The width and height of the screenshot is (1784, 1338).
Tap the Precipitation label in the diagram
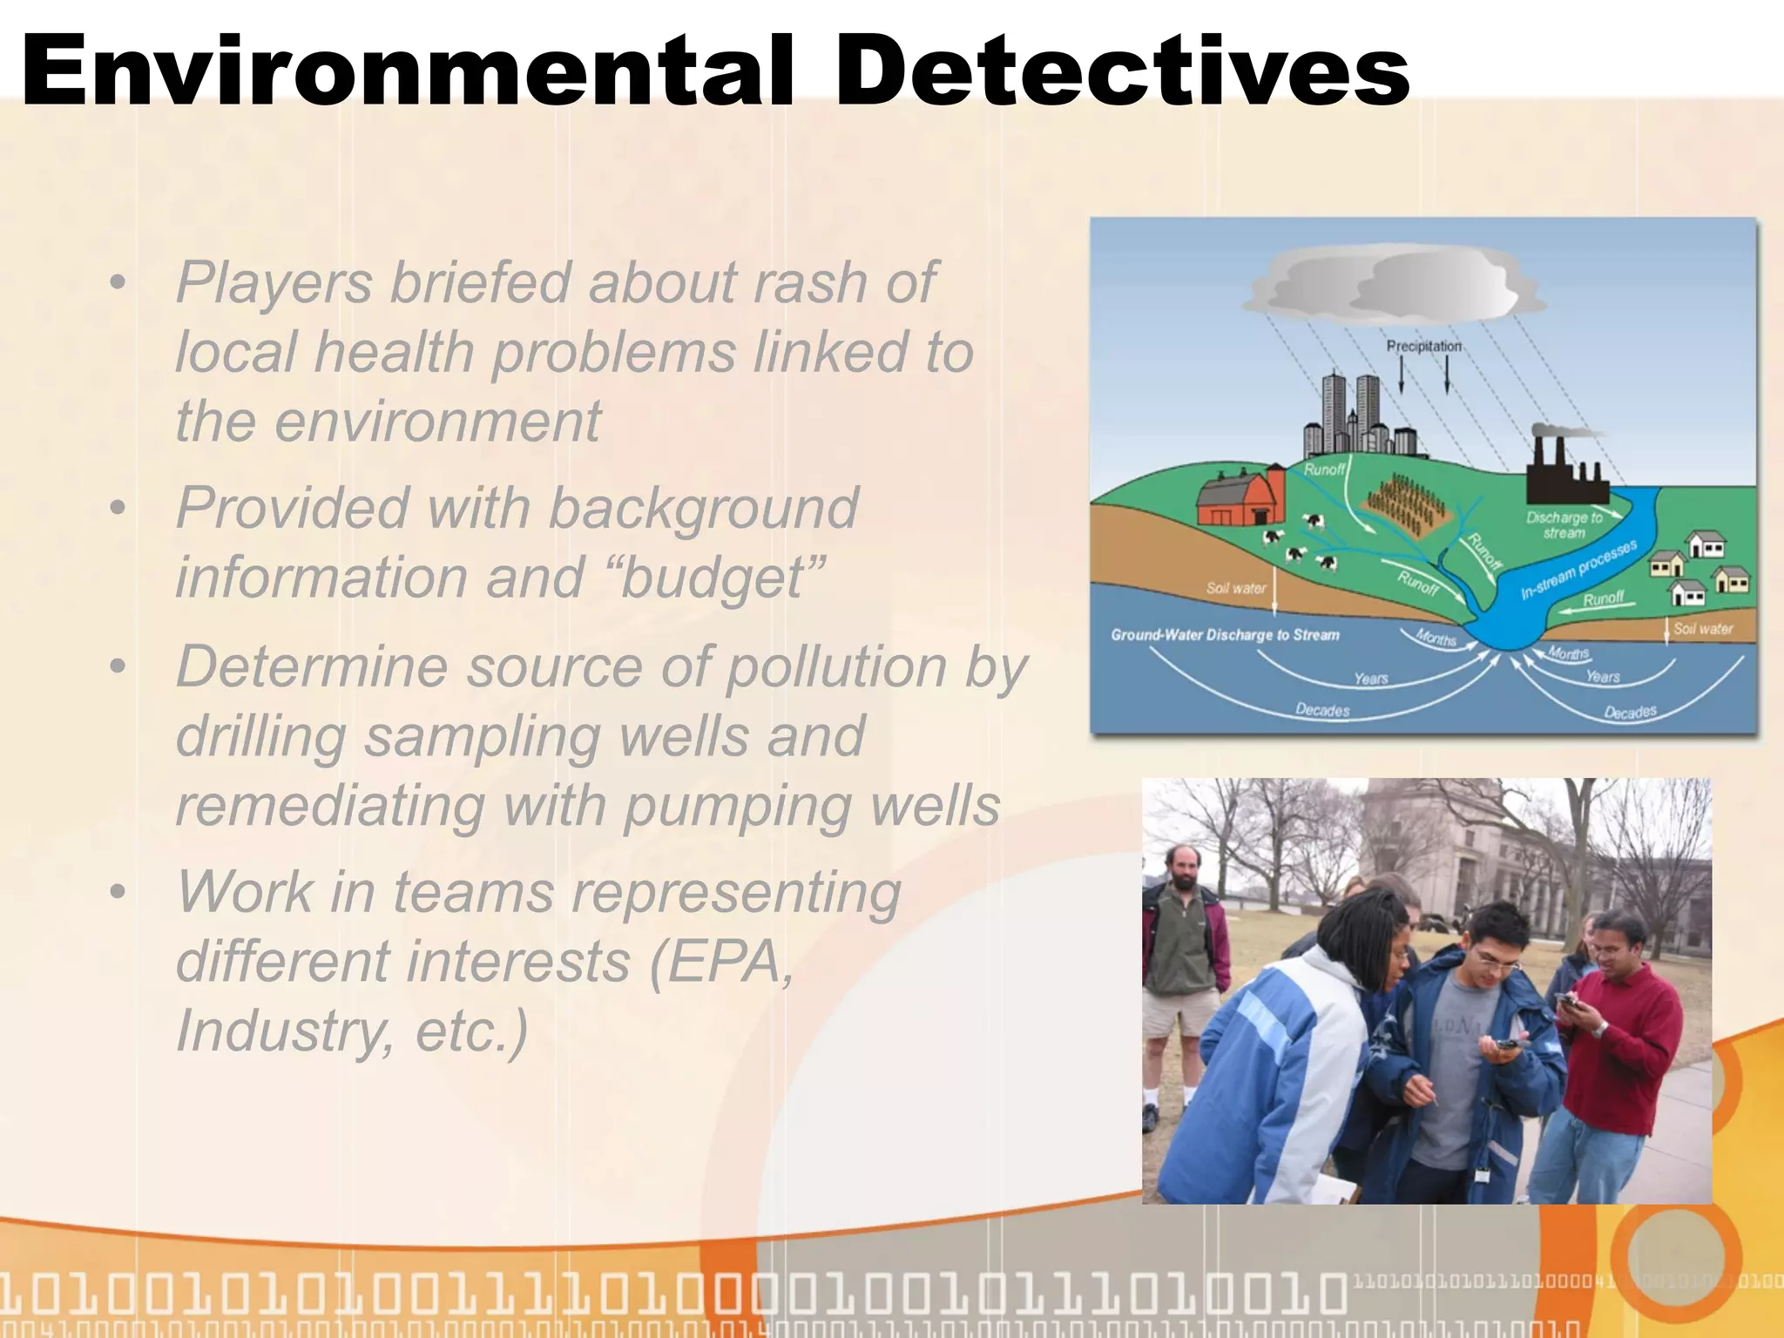click(x=1423, y=346)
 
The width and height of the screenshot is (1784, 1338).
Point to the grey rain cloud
click(x=1394, y=283)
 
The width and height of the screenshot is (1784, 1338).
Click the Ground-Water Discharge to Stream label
click(x=1225, y=635)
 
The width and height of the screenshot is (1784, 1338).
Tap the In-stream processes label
click(x=1578, y=569)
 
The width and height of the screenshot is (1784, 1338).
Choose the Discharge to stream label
click(x=1564, y=524)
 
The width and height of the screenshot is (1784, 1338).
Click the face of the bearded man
click(x=1182, y=869)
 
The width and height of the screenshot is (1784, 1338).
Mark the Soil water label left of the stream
click(x=1235, y=588)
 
